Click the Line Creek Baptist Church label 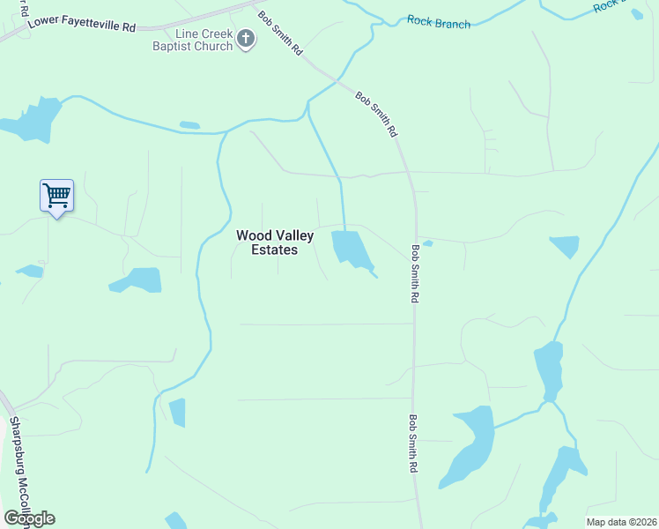(x=190, y=40)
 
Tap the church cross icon (x=246, y=40)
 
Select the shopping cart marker (x=56, y=196)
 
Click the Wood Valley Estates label (x=274, y=242)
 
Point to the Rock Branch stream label (x=439, y=23)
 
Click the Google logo (x=29, y=518)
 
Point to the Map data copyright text (x=621, y=522)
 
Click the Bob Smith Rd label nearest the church (x=279, y=33)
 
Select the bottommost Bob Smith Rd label (x=412, y=444)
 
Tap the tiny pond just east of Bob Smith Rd (x=427, y=243)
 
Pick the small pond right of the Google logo (x=176, y=520)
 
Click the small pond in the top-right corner (x=637, y=14)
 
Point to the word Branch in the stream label (x=453, y=24)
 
